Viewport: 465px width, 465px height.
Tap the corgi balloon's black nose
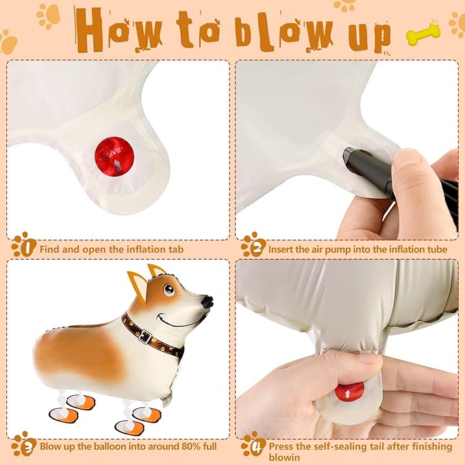(x=207, y=301)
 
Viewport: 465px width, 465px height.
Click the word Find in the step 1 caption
(x=51, y=250)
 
